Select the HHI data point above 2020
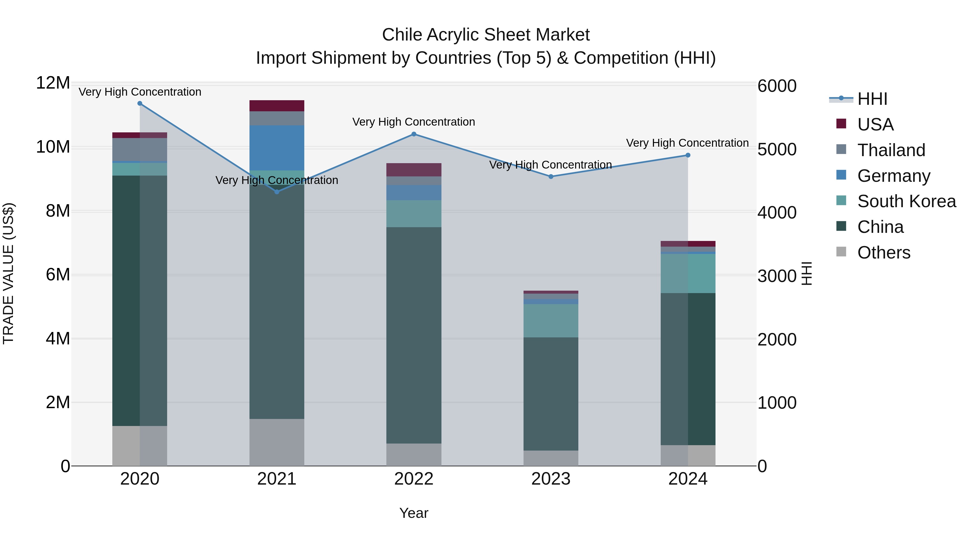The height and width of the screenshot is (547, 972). pos(140,103)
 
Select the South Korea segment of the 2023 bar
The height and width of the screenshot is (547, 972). pos(551,320)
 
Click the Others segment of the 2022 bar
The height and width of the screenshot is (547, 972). pos(414,455)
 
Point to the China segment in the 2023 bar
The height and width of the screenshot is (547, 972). pos(551,394)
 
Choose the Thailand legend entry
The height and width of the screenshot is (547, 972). pos(891,150)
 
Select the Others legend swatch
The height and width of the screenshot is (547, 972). pos(841,252)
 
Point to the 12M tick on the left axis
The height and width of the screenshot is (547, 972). pos(53,83)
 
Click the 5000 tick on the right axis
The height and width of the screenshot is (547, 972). pos(777,149)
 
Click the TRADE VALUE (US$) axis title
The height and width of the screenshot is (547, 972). pos(8,273)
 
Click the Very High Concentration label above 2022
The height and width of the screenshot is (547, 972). pos(414,122)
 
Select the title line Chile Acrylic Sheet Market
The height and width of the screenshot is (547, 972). pos(486,35)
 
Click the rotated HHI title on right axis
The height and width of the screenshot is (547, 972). pos(806,273)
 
